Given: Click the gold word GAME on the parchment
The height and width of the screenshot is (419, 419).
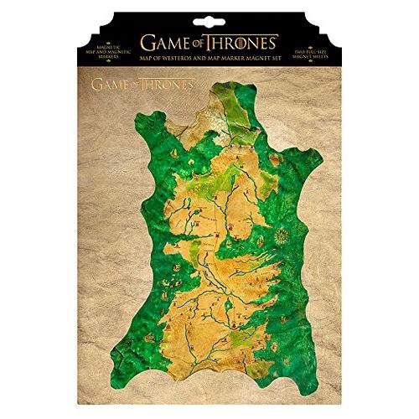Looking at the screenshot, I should pyautogui.click(x=109, y=85).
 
